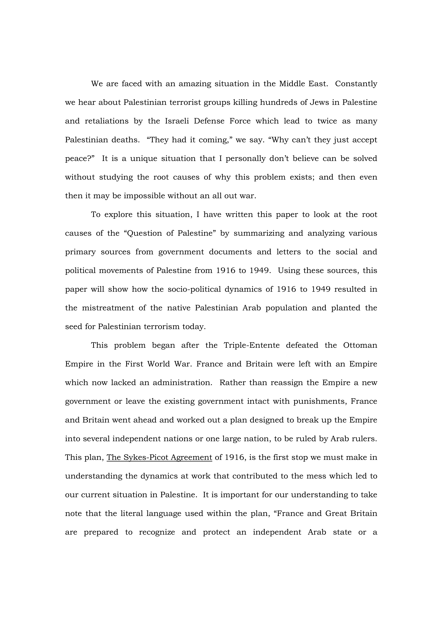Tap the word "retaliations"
coord(106,121)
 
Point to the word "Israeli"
coord(177,121)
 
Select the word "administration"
coord(182,383)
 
